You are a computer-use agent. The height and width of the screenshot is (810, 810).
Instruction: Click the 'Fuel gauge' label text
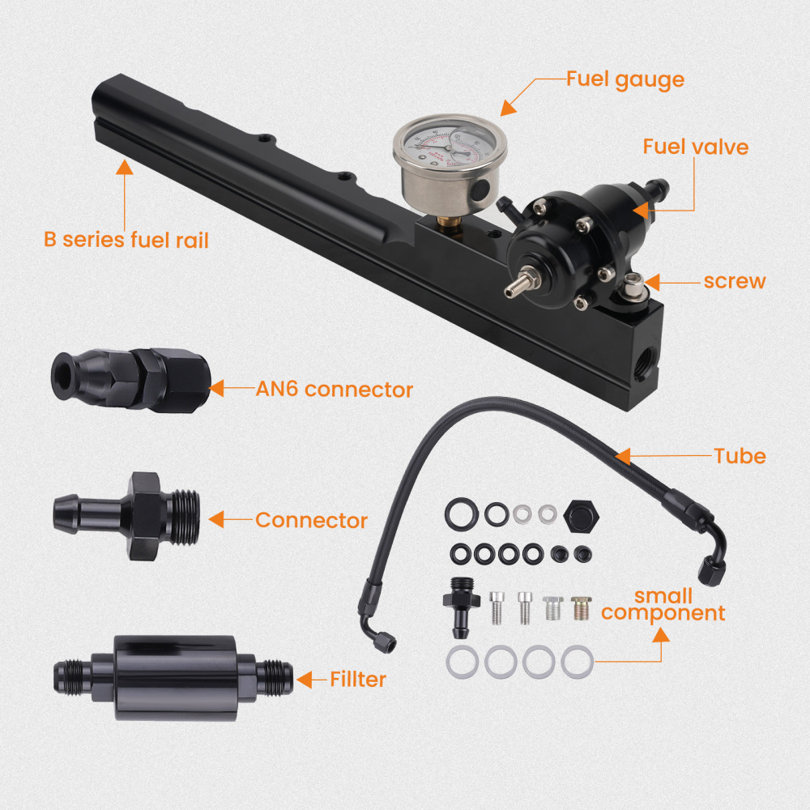[x=625, y=79]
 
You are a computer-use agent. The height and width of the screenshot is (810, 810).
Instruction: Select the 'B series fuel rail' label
[x=126, y=240]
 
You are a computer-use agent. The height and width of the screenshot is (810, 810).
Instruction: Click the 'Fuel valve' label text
[x=695, y=147]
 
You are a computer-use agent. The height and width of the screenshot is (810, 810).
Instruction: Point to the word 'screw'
[x=734, y=281]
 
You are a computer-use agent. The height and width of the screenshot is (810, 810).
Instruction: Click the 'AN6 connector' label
[x=334, y=390]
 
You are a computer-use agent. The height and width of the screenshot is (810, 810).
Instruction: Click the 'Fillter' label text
[x=358, y=679]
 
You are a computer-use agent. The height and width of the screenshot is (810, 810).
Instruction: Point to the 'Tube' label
[x=740, y=456]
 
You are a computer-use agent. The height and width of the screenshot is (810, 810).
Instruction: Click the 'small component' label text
[x=663, y=606]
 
